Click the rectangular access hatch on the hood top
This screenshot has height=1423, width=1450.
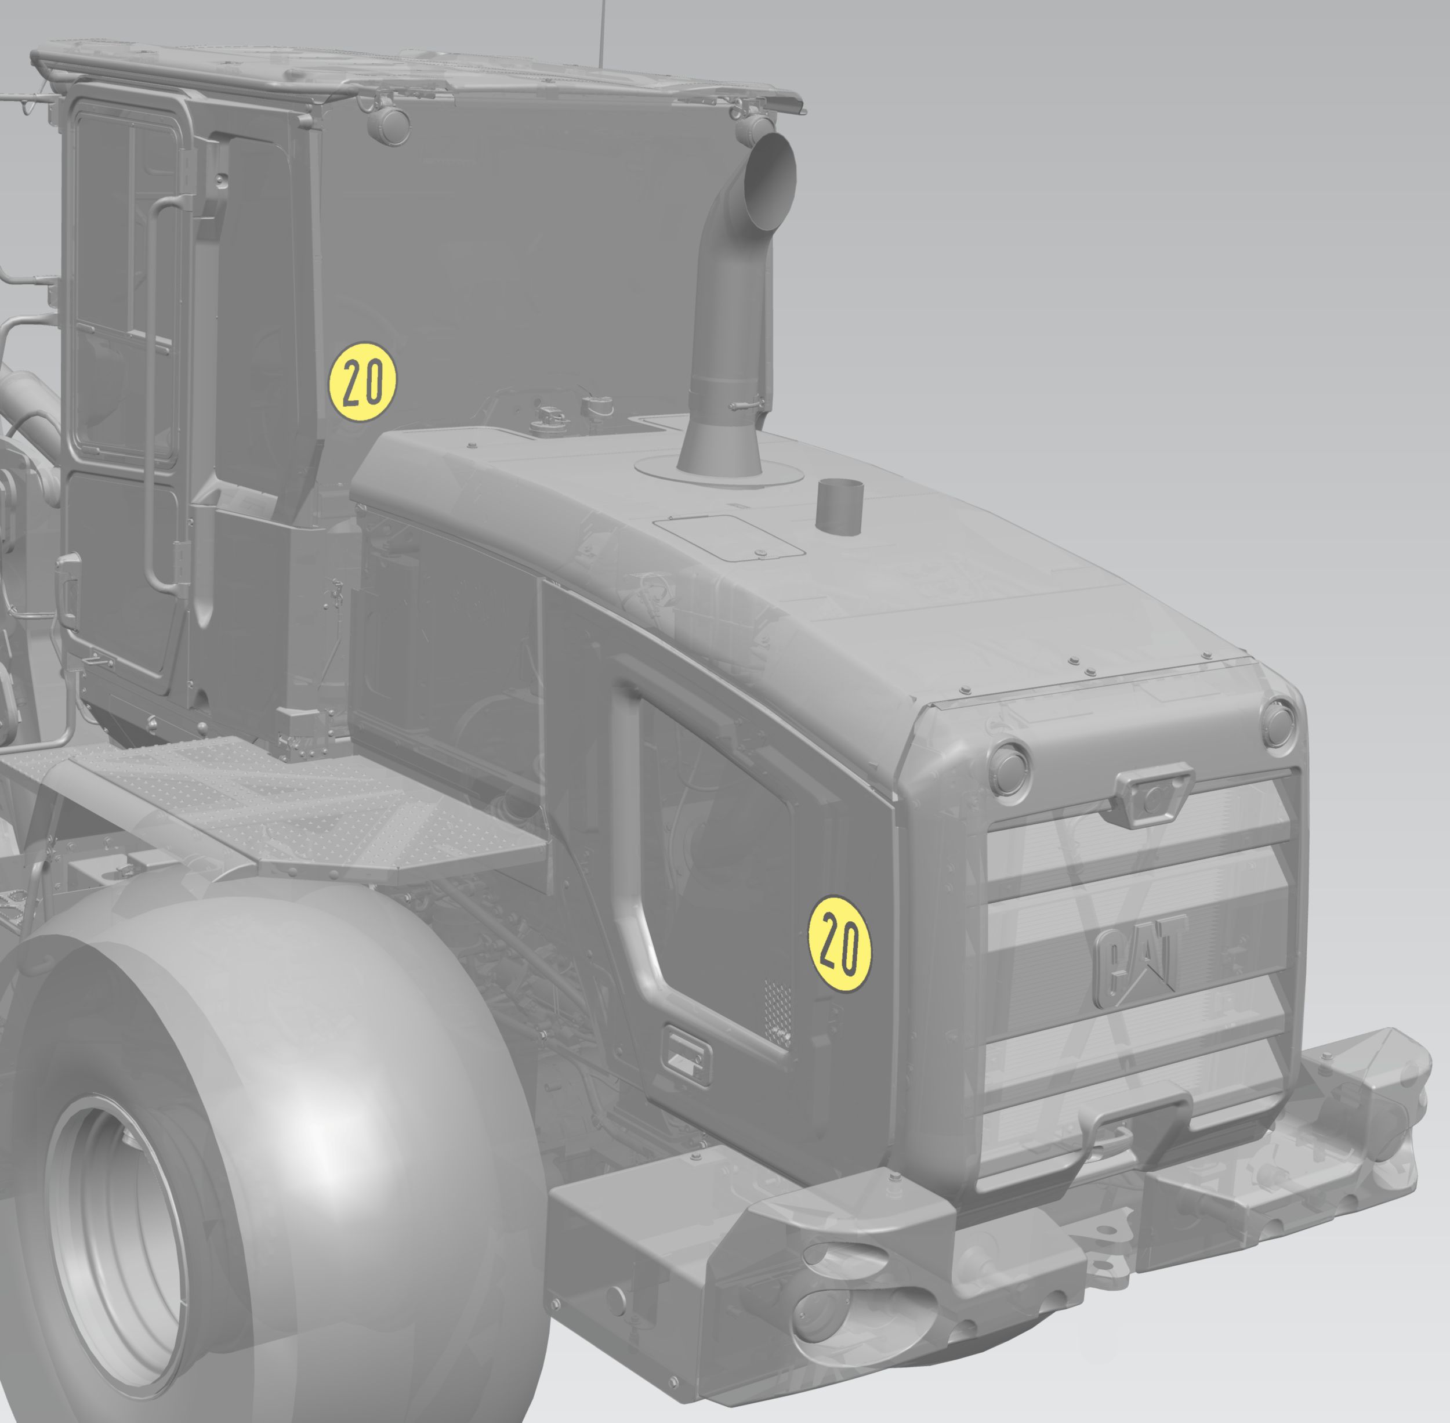point(728,537)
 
